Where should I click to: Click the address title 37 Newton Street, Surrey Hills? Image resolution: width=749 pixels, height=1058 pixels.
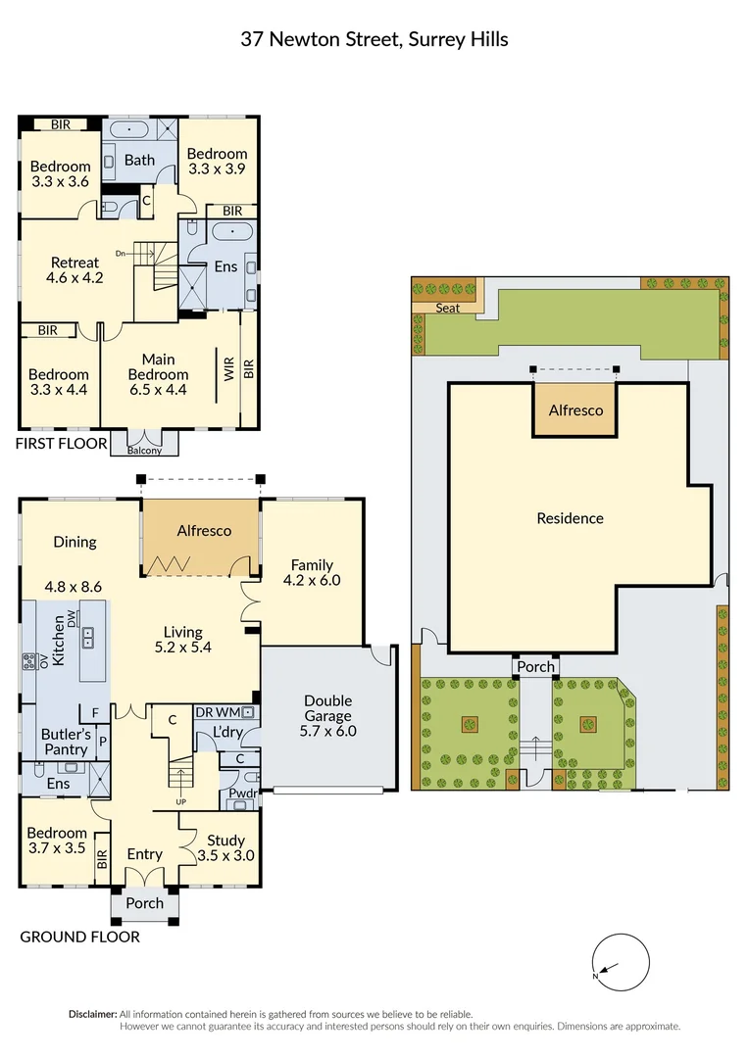coord(374,39)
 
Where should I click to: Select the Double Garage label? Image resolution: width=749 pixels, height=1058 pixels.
coord(328,715)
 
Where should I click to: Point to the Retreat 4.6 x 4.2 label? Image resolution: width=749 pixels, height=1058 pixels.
coord(75,269)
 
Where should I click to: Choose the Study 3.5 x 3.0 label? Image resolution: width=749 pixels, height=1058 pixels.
coord(226,847)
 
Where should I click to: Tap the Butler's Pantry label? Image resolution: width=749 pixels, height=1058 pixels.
coord(64,742)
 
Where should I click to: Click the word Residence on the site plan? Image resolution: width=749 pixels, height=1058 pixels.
coord(570,518)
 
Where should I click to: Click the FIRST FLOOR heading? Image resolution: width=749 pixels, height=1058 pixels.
coord(60,444)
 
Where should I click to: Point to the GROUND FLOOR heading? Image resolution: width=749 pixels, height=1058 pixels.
coord(79,937)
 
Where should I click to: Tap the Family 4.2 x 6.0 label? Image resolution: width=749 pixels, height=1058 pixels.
coord(312,572)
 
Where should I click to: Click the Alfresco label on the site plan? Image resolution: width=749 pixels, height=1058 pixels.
coord(575,410)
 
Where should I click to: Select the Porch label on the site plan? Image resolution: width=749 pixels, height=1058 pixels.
coord(535,667)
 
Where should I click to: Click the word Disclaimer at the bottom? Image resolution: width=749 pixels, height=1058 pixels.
coord(92,1014)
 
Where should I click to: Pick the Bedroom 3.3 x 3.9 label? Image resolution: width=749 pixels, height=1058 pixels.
coord(217,161)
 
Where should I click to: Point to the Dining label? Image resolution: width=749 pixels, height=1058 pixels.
coord(75,542)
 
